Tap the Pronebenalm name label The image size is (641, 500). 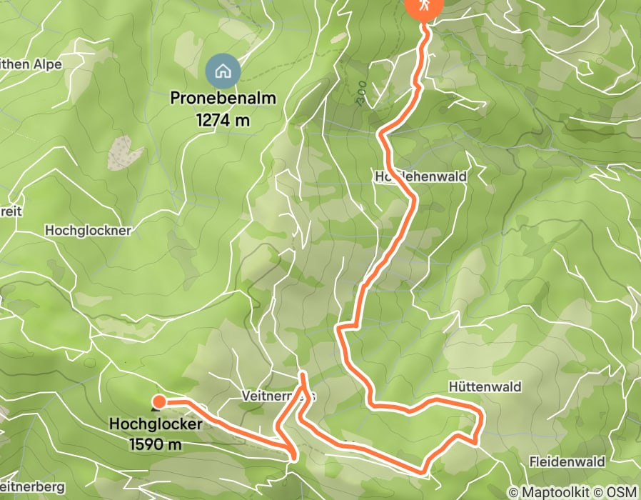223,99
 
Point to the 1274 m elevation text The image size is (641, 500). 223,120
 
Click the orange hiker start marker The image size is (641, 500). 424,6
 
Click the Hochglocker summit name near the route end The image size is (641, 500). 156,424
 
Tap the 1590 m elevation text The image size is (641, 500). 156,444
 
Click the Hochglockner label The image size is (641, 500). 88,231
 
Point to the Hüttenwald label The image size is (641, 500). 485,386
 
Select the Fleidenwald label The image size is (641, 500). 567,462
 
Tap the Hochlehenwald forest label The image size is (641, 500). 420,176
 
